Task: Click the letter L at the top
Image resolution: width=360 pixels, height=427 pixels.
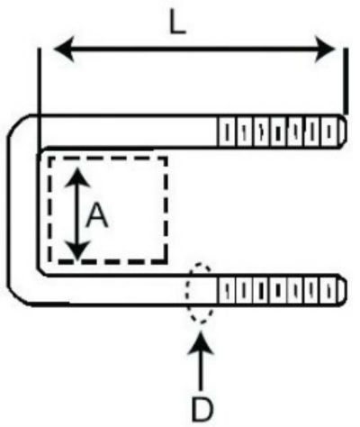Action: coord(178,23)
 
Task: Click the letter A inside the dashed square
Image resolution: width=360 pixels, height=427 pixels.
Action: coord(96,214)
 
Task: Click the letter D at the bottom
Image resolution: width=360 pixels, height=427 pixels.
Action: coord(202,409)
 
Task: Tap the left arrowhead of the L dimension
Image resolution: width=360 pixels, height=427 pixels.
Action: coord(65,49)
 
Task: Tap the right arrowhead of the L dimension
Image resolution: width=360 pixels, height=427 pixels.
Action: coord(325,49)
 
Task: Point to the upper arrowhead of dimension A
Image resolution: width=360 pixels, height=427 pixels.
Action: coord(77,178)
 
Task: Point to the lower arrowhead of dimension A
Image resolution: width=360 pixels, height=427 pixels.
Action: coord(77,250)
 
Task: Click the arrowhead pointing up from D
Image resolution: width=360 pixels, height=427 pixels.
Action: coord(201,341)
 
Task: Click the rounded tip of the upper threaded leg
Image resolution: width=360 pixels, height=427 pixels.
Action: coord(344,132)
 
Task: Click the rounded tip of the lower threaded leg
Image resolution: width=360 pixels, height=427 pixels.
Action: coord(344,290)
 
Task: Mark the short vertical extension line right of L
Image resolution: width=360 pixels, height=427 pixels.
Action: coord(346,81)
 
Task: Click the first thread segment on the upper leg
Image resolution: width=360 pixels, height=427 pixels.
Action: coord(227,132)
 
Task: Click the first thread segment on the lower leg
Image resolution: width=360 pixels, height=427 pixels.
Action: coord(227,290)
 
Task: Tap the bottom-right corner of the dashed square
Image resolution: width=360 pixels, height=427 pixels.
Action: coord(166,262)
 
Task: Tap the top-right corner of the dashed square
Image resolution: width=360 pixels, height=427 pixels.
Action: coord(166,159)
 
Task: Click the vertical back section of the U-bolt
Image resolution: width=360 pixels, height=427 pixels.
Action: coord(23,210)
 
